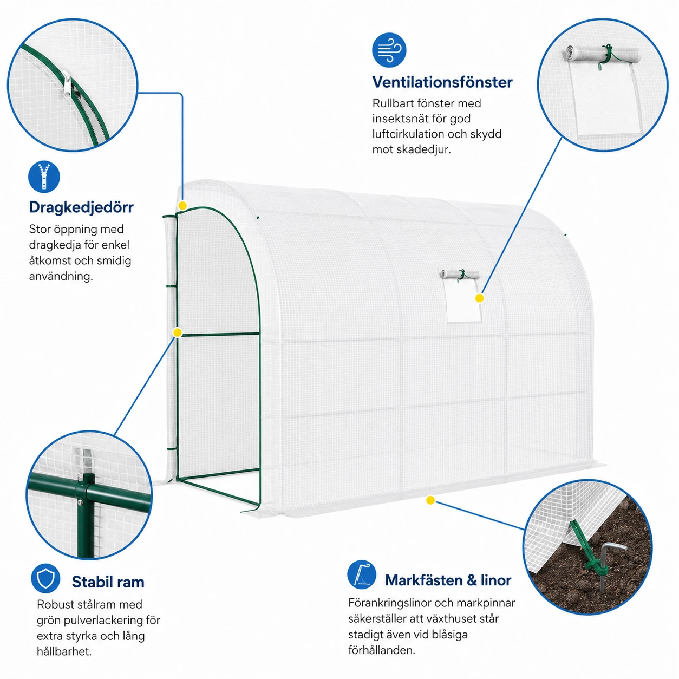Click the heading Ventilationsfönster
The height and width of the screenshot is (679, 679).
(x=442, y=82)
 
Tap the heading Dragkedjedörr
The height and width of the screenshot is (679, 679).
(x=81, y=207)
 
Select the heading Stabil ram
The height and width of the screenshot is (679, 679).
(x=108, y=582)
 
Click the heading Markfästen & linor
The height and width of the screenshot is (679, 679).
(x=448, y=580)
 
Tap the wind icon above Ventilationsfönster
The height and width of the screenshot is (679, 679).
(x=389, y=50)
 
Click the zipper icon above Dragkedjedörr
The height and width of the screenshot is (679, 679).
(x=44, y=177)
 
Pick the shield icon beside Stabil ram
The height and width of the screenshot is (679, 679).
(x=45, y=578)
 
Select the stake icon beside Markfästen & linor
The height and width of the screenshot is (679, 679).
(x=362, y=574)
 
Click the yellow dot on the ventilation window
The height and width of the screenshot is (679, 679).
(x=479, y=298)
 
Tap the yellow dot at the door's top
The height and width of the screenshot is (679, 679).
(x=182, y=205)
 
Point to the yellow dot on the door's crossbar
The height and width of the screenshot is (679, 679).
(x=177, y=332)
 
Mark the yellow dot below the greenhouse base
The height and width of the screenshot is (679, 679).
(x=430, y=500)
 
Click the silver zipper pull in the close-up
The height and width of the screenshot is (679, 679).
(x=66, y=84)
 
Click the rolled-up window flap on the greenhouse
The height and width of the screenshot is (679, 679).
(x=460, y=275)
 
